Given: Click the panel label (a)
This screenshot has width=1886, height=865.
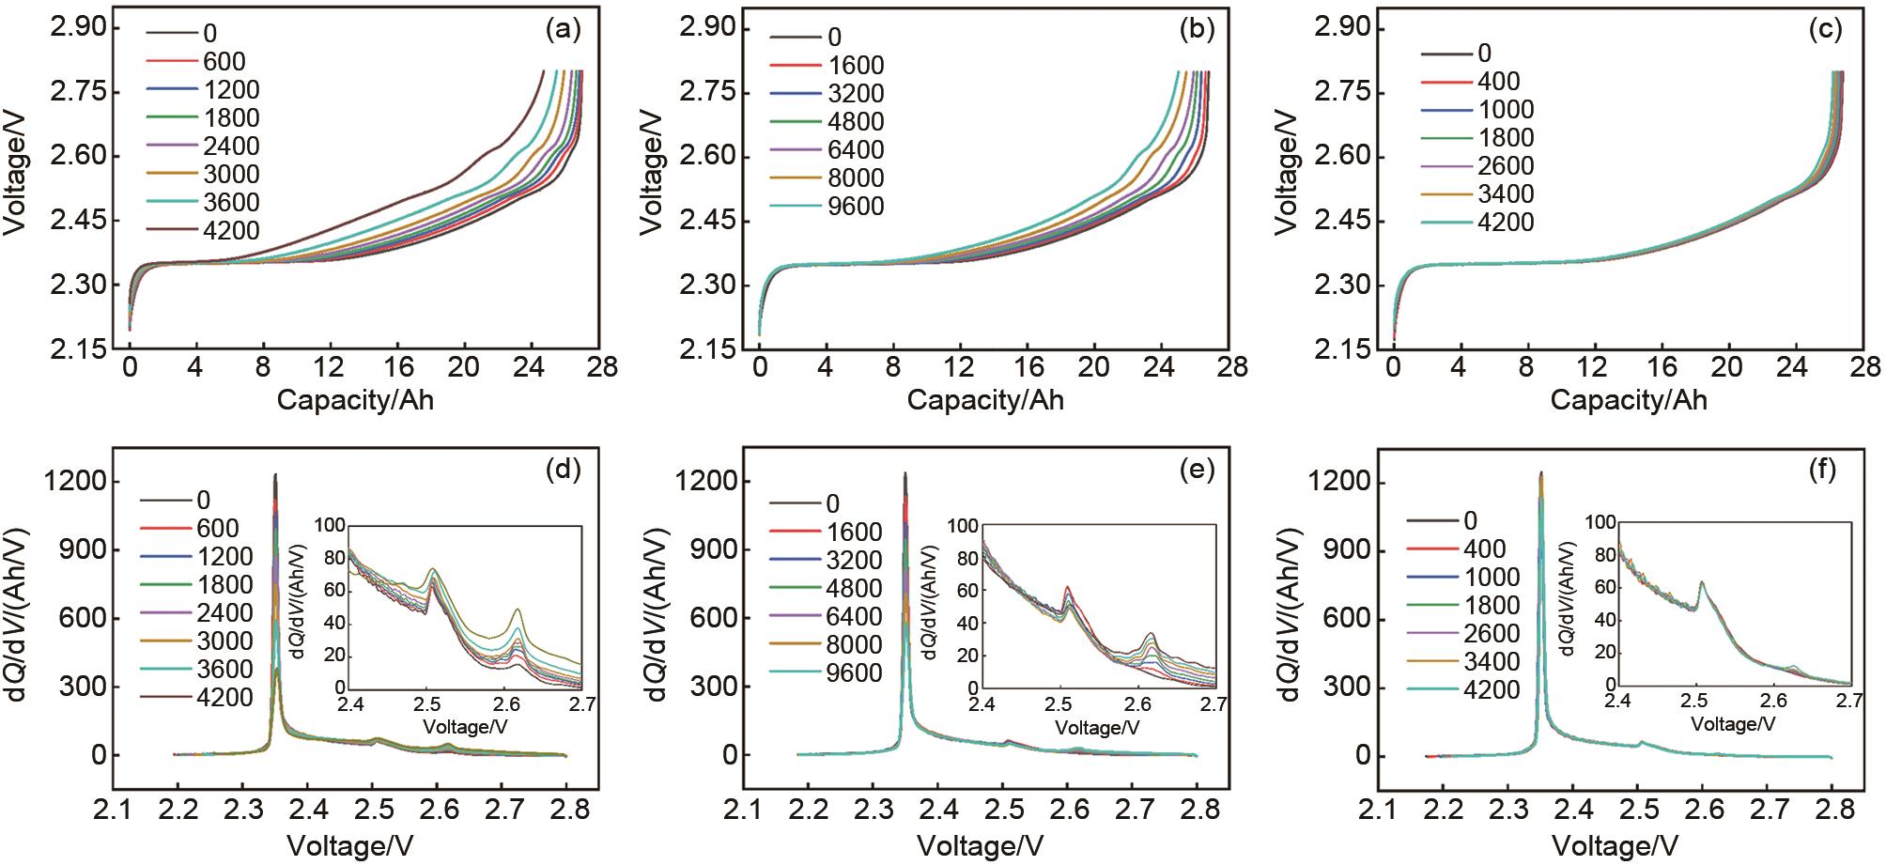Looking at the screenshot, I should [564, 30].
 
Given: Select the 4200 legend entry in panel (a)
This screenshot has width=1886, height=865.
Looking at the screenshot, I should [231, 231].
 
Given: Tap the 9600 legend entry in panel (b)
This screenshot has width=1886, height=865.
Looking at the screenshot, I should [856, 207].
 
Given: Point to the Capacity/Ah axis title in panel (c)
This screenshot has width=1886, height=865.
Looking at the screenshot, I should [1629, 400].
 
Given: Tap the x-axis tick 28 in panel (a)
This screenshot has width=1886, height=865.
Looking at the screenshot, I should [602, 367].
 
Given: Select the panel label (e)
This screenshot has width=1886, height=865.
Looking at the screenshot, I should [1197, 471].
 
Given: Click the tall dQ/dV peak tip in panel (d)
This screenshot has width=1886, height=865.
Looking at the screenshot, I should [275, 475].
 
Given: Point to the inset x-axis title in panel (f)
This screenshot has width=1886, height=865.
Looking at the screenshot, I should [1733, 724].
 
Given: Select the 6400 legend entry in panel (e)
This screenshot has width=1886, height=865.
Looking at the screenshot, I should [854, 617].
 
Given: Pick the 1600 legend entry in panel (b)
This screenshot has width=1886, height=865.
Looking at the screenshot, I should [856, 66].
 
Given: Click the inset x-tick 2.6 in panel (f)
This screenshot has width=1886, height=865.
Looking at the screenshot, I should [1772, 701].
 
